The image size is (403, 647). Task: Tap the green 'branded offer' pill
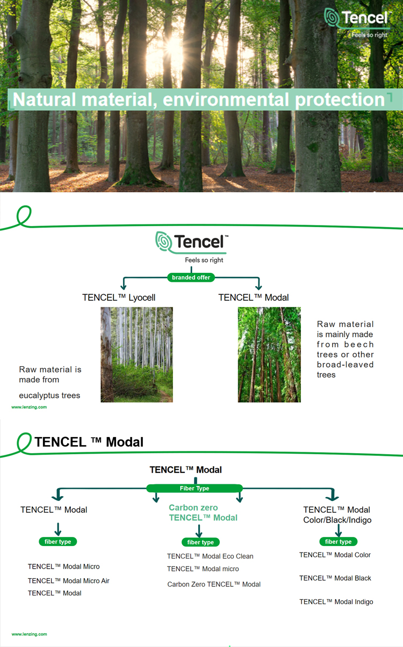tap(191, 278)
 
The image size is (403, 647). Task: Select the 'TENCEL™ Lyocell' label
tap(119, 297)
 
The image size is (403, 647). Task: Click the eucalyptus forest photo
tap(136, 354)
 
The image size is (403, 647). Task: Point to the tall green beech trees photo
tap(269, 354)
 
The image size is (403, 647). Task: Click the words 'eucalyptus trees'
tap(49, 396)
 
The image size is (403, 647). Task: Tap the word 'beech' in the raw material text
tap(359, 345)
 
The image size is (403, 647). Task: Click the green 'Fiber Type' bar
tap(195, 489)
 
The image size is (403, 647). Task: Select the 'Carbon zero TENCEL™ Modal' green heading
tap(203, 513)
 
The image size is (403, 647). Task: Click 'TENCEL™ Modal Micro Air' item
tap(69, 581)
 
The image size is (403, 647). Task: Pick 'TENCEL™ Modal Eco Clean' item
tap(210, 556)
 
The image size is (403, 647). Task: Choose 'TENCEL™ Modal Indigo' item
tap(336, 602)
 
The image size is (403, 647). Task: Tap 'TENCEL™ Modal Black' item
tap(335, 578)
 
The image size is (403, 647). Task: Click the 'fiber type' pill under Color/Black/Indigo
tap(339, 542)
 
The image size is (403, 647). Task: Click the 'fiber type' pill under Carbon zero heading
tap(200, 542)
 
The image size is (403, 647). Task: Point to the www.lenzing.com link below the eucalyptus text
tap(29, 407)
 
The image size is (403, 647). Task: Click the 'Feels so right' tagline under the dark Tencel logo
tap(204, 260)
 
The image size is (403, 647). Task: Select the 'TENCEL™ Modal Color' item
tap(335, 555)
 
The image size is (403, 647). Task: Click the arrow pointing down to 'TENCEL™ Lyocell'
tap(124, 284)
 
